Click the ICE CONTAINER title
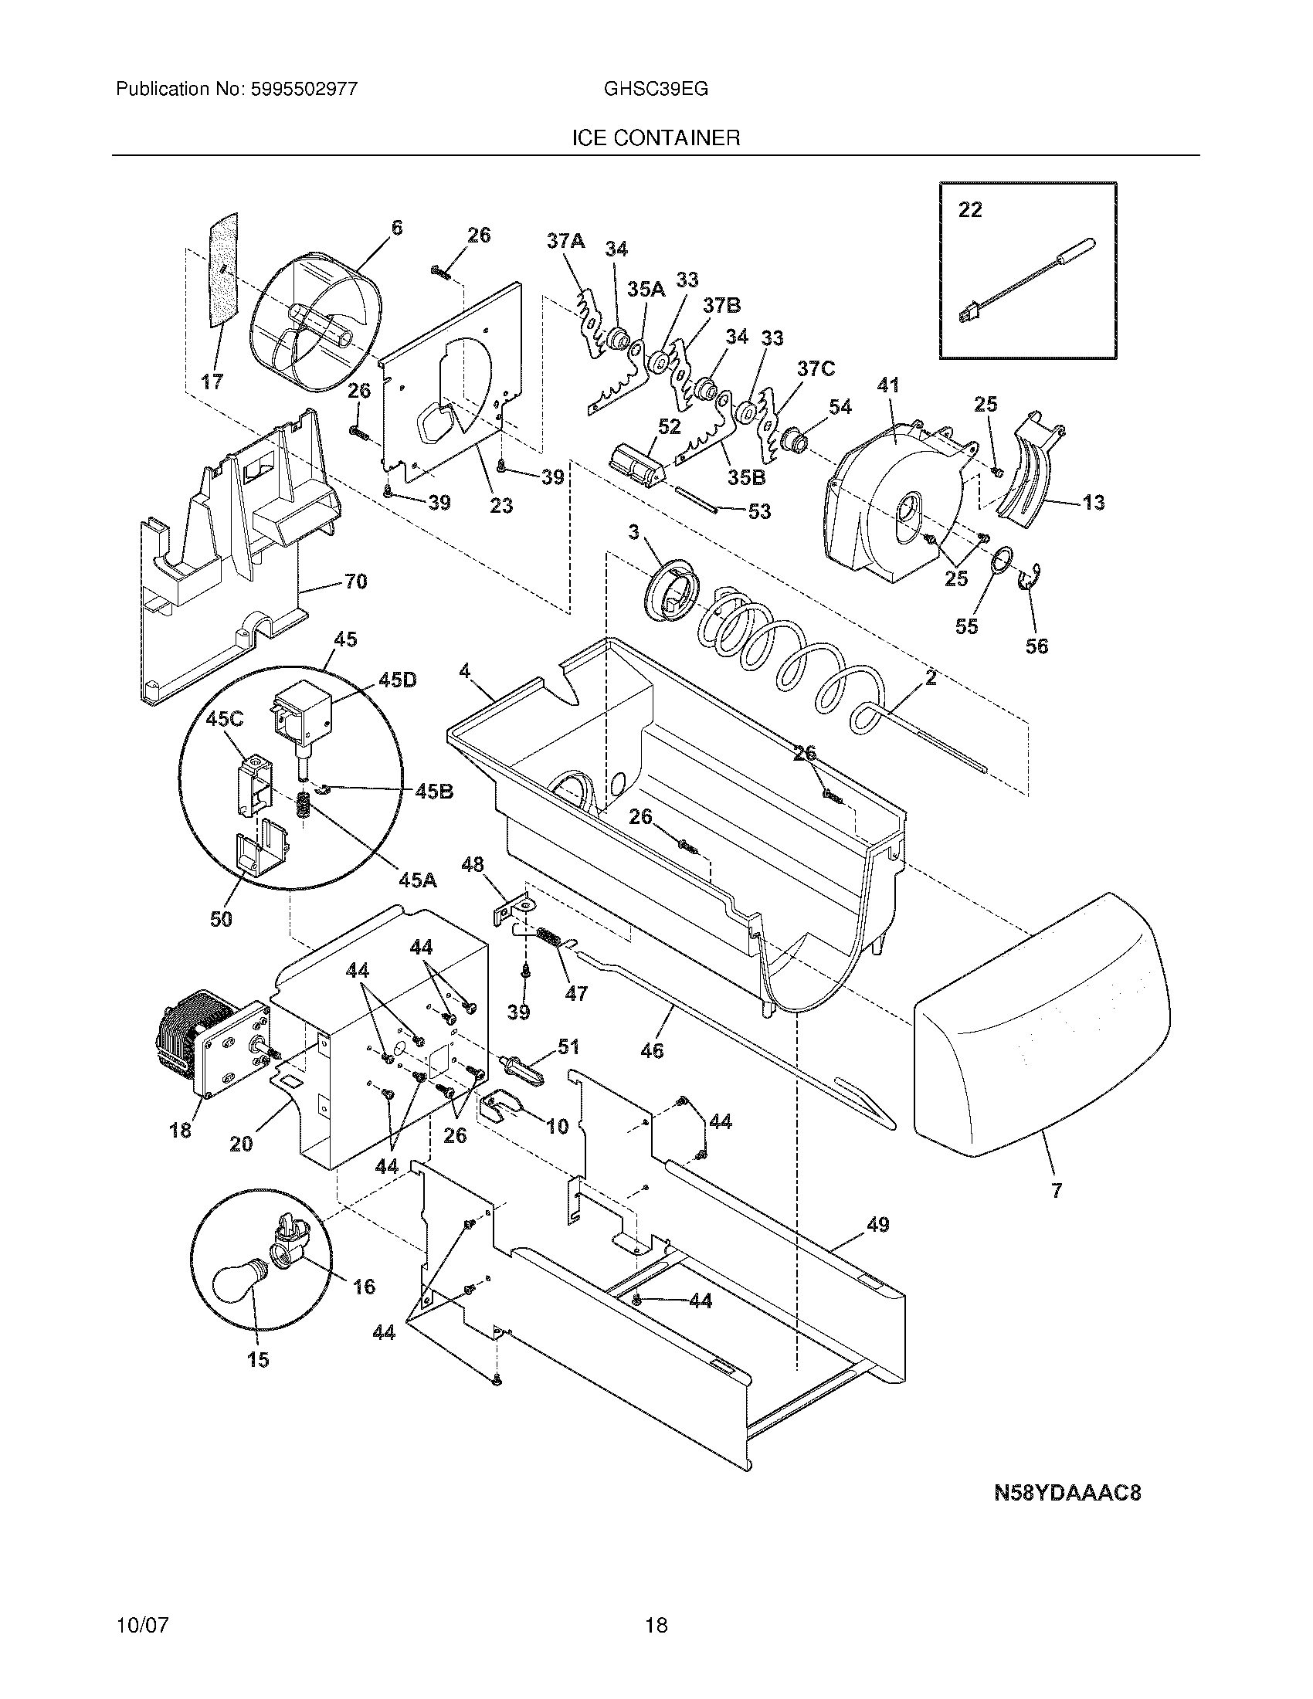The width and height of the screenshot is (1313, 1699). point(656,138)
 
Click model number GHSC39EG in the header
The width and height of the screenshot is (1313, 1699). point(656,89)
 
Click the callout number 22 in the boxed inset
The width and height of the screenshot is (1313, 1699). point(969,210)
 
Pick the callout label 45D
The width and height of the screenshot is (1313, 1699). point(397,680)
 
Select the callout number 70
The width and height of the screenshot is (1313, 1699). point(355,581)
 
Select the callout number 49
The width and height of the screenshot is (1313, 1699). point(877,1225)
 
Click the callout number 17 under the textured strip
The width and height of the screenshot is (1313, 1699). point(212,382)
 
